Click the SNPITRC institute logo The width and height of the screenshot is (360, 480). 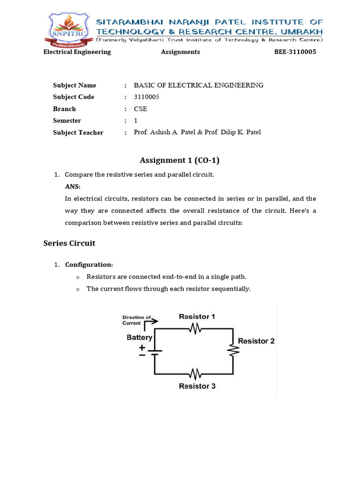click(x=67, y=29)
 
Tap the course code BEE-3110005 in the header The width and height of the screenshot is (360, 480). click(x=295, y=52)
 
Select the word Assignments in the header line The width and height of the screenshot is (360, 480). click(x=180, y=52)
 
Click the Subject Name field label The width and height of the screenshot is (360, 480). click(x=75, y=85)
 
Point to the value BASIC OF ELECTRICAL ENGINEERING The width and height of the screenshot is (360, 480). click(x=198, y=85)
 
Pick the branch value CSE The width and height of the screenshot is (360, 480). click(x=140, y=109)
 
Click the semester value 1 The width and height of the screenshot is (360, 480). click(x=136, y=120)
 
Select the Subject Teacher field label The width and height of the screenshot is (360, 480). click(x=78, y=133)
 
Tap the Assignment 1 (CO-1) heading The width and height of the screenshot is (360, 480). click(x=180, y=160)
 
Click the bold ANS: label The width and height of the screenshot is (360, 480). click(x=73, y=187)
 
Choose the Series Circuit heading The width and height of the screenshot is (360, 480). click(x=69, y=243)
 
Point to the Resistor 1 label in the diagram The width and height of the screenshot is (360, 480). click(x=197, y=317)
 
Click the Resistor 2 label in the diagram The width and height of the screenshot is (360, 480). click(x=256, y=341)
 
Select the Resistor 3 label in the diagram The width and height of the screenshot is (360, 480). click(x=197, y=386)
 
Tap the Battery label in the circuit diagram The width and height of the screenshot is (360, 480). click(x=140, y=337)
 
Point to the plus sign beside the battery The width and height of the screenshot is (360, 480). click(x=142, y=347)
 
